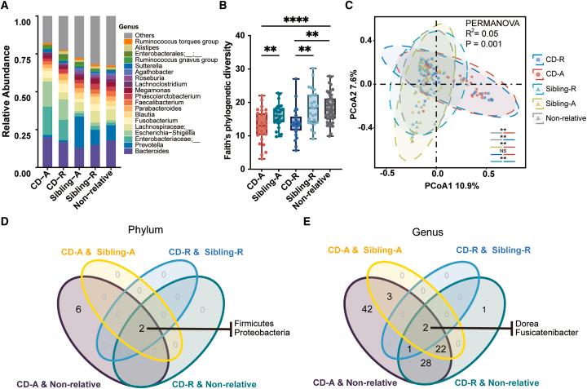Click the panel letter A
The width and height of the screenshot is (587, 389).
[x=7, y=7]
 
